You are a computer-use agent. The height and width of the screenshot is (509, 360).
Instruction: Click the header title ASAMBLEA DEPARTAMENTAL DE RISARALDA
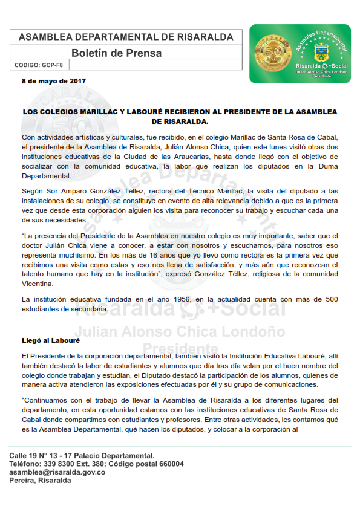[x=126, y=37]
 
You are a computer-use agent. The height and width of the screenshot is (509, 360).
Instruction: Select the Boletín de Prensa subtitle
[x=116, y=53]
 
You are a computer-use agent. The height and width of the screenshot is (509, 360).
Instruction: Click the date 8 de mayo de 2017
[x=53, y=80]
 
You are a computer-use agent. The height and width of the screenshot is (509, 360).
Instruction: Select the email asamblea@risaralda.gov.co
[x=57, y=472]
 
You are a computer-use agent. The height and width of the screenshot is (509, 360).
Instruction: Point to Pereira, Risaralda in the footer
[x=40, y=481]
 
